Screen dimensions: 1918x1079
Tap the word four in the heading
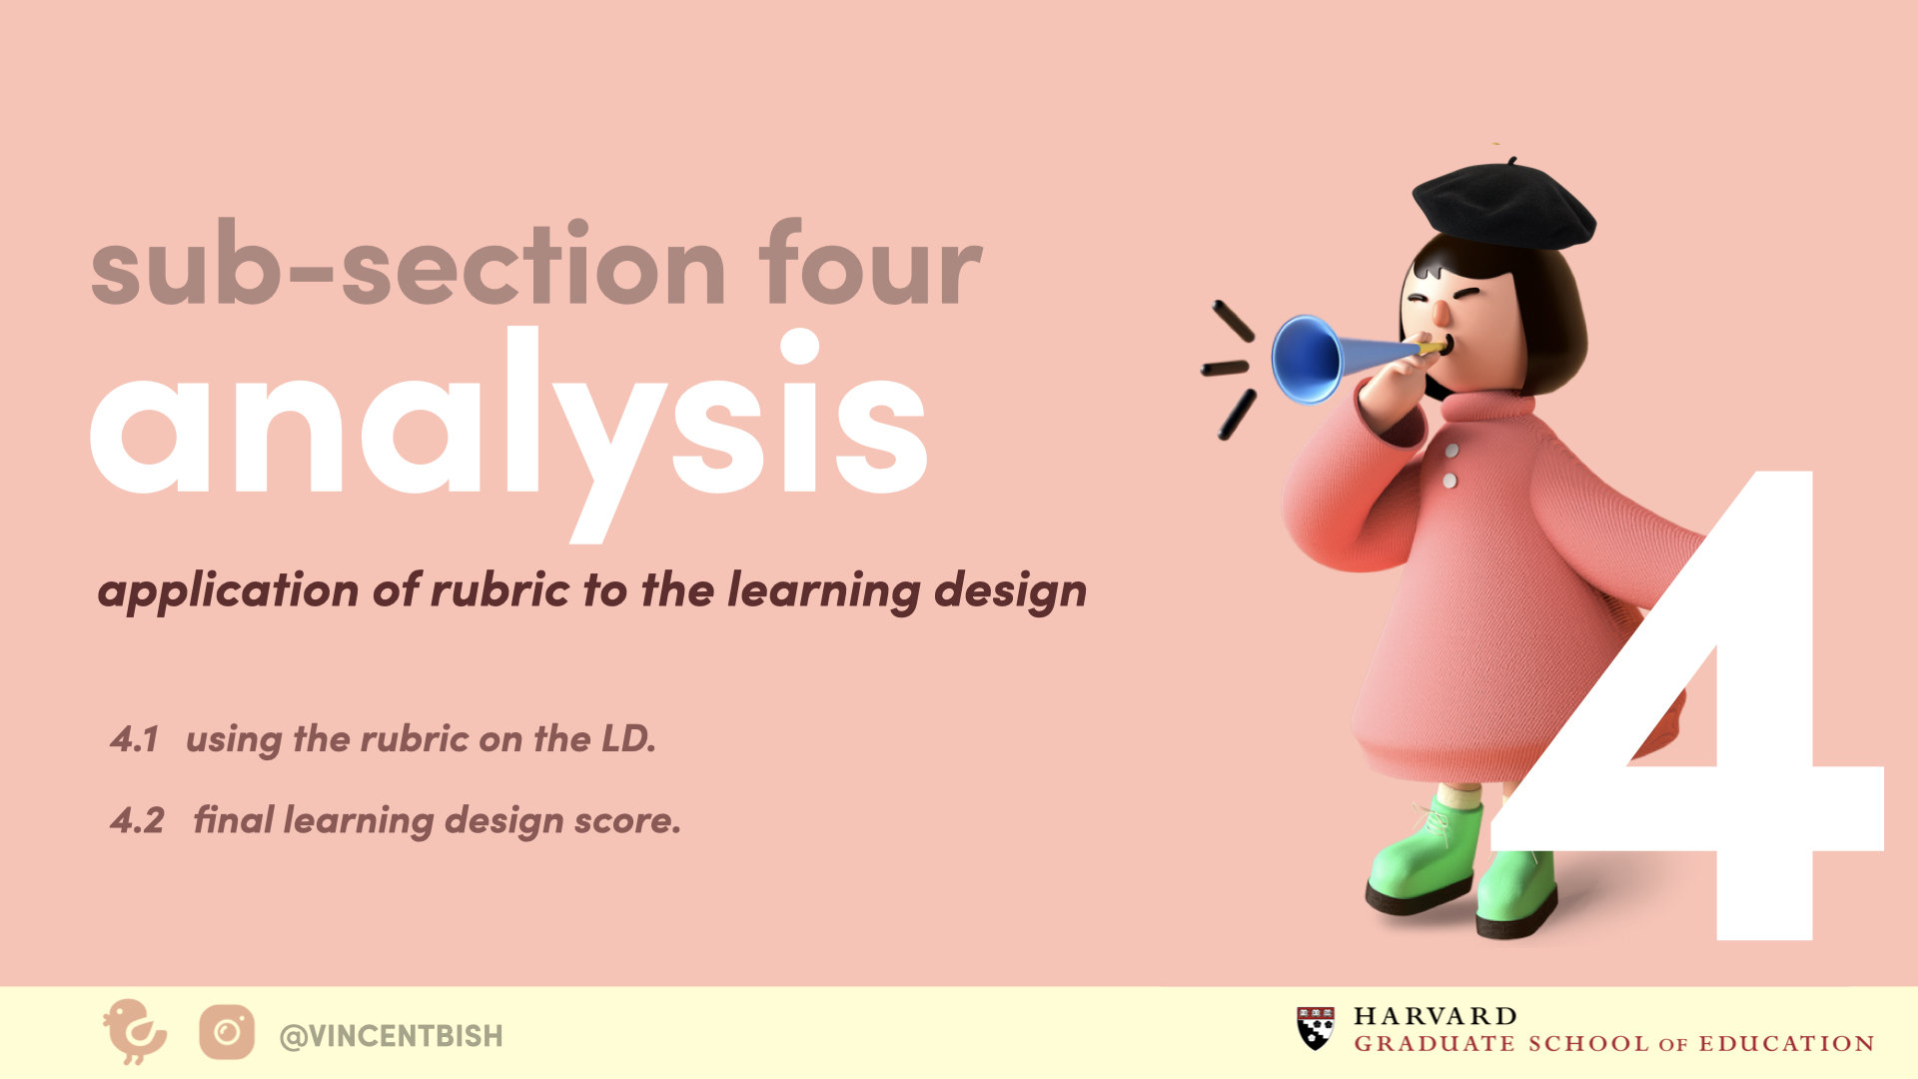pos(870,262)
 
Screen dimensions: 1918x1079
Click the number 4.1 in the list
pos(135,739)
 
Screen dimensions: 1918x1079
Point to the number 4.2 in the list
pos(137,820)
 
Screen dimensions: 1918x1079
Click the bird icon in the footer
pos(135,1031)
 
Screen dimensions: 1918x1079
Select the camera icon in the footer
pos(227,1032)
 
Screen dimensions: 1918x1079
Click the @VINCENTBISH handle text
pos(392,1036)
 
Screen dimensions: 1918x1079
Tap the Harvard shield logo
pos(1316,1028)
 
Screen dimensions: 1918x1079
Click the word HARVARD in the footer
pos(1436,1016)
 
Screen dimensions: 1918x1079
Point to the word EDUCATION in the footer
pos(1787,1044)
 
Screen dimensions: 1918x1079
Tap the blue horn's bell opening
pos(1305,359)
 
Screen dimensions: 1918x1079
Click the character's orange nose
pos(1440,314)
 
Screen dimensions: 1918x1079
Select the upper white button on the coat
pos(1452,452)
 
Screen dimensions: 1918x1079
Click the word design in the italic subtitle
pos(1010,591)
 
